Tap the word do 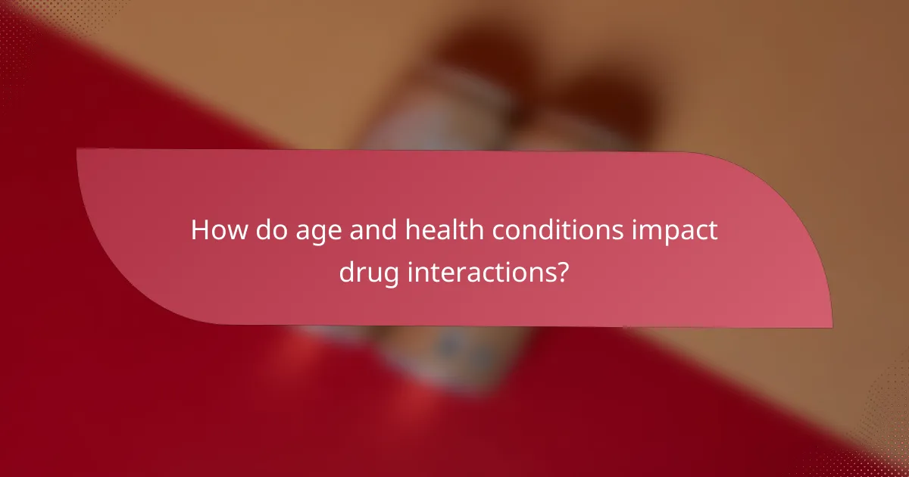pos(267,229)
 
